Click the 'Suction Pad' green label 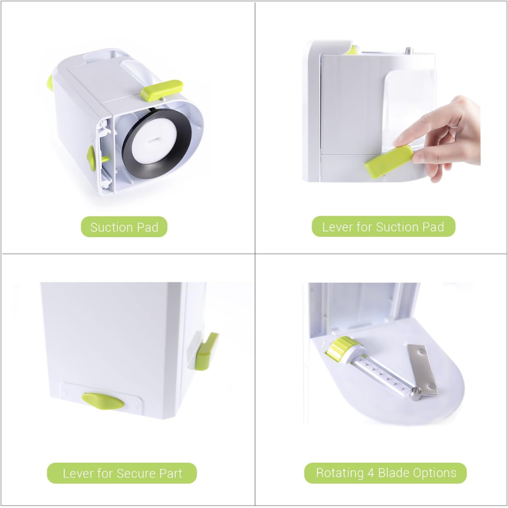coord(124,227)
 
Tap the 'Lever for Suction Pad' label coord(383,227)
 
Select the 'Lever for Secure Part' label coord(122,473)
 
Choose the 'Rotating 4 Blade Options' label coord(385,473)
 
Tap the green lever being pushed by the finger coord(389,161)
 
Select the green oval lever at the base coord(103,401)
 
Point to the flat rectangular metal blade coord(422,369)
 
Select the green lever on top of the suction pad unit coord(162,90)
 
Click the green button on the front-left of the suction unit coord(91,159)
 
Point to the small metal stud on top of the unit coord(407,50)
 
